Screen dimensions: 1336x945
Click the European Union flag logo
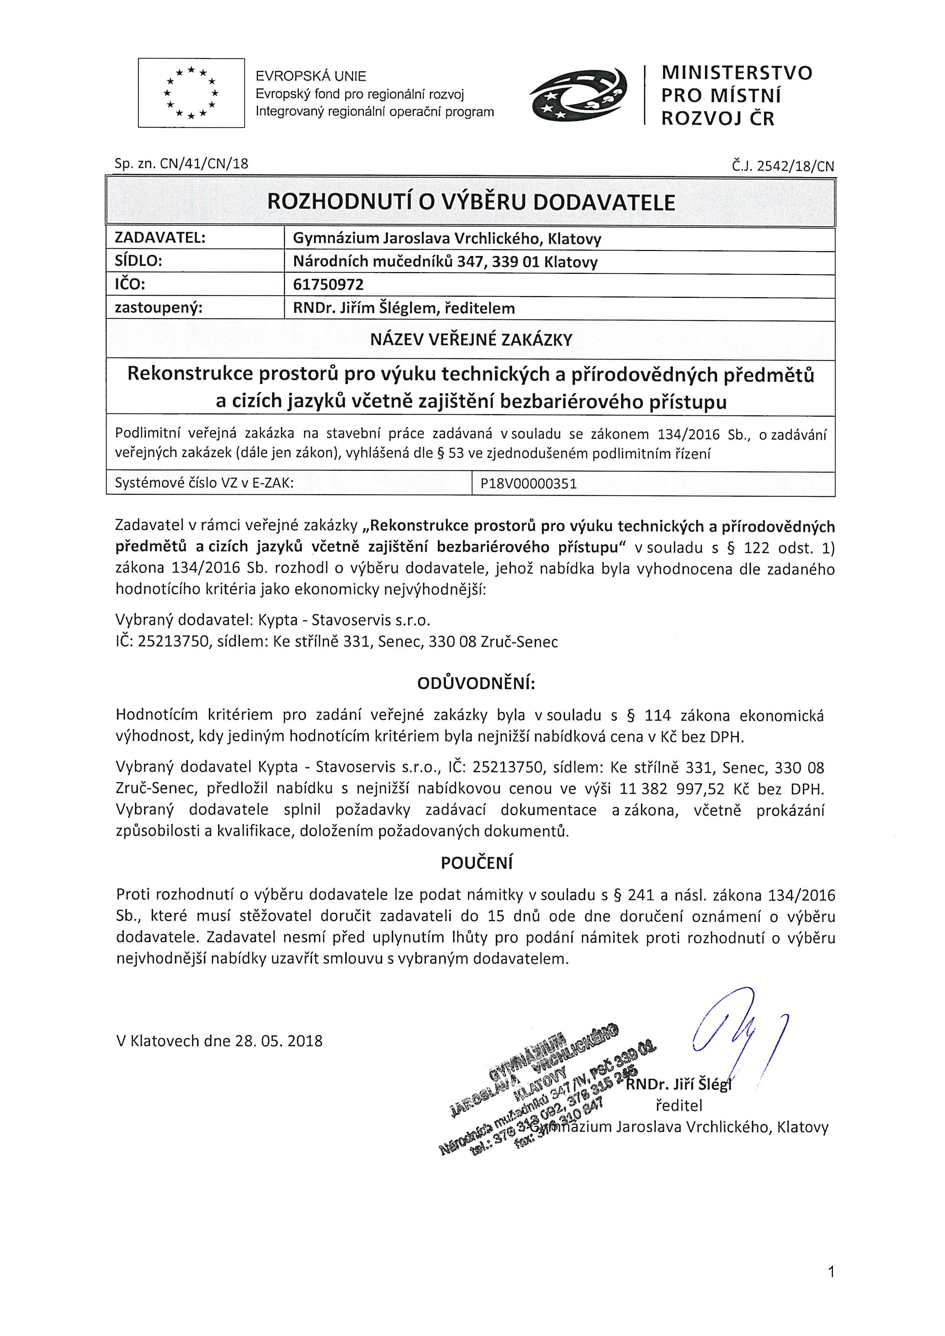click(191, 93)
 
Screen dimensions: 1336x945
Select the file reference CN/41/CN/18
click(203, 164)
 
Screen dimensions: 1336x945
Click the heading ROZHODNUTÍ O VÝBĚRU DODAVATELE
click(471, 202)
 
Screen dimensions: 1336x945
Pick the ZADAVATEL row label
click(160, 238)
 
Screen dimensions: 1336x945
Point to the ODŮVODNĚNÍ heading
click(476, 684)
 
